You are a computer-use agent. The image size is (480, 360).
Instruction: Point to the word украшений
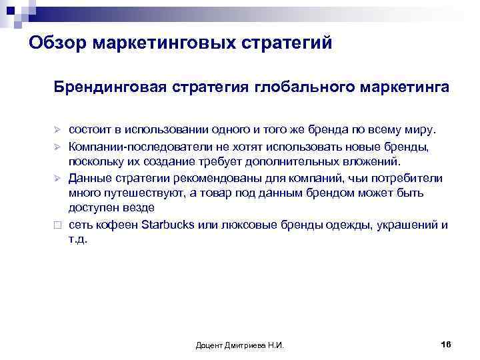tap(406, 225)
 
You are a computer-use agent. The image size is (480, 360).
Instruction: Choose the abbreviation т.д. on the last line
tap(78, 240)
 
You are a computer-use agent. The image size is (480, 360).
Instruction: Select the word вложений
tap(375, 161)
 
